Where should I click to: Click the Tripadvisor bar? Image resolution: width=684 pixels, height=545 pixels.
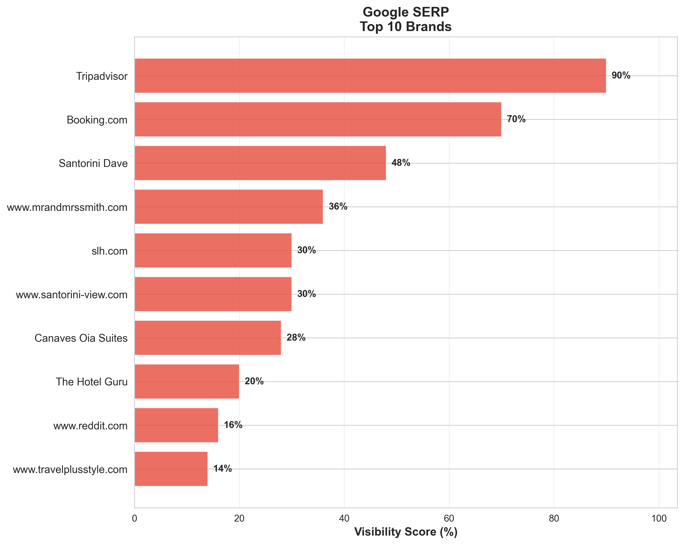pos(370,76)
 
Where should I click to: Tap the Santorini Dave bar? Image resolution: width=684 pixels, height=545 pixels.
pos(260,163)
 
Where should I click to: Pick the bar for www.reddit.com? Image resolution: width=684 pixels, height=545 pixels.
pos(176,425)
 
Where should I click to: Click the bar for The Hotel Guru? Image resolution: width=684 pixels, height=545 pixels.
pos(187,381)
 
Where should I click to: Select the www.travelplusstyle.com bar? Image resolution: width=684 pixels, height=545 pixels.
pos(171,469)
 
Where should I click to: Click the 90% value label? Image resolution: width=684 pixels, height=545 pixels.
pos(621,76)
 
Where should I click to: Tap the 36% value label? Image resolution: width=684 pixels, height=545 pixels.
pos(338,207)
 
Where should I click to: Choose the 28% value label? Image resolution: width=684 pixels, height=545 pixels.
pos(296,338)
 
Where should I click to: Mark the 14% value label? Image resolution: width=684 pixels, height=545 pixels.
pos(222,469)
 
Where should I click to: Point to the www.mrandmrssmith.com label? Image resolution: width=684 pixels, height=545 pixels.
pos(67,208)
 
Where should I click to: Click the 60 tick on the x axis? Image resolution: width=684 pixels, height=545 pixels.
pos(449,519)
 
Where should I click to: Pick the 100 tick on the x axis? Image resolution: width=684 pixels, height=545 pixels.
pos(659,519)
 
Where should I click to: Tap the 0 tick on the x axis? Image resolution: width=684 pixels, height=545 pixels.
pos(134,519)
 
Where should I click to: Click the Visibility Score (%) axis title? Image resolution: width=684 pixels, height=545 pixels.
pos(406,532)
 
